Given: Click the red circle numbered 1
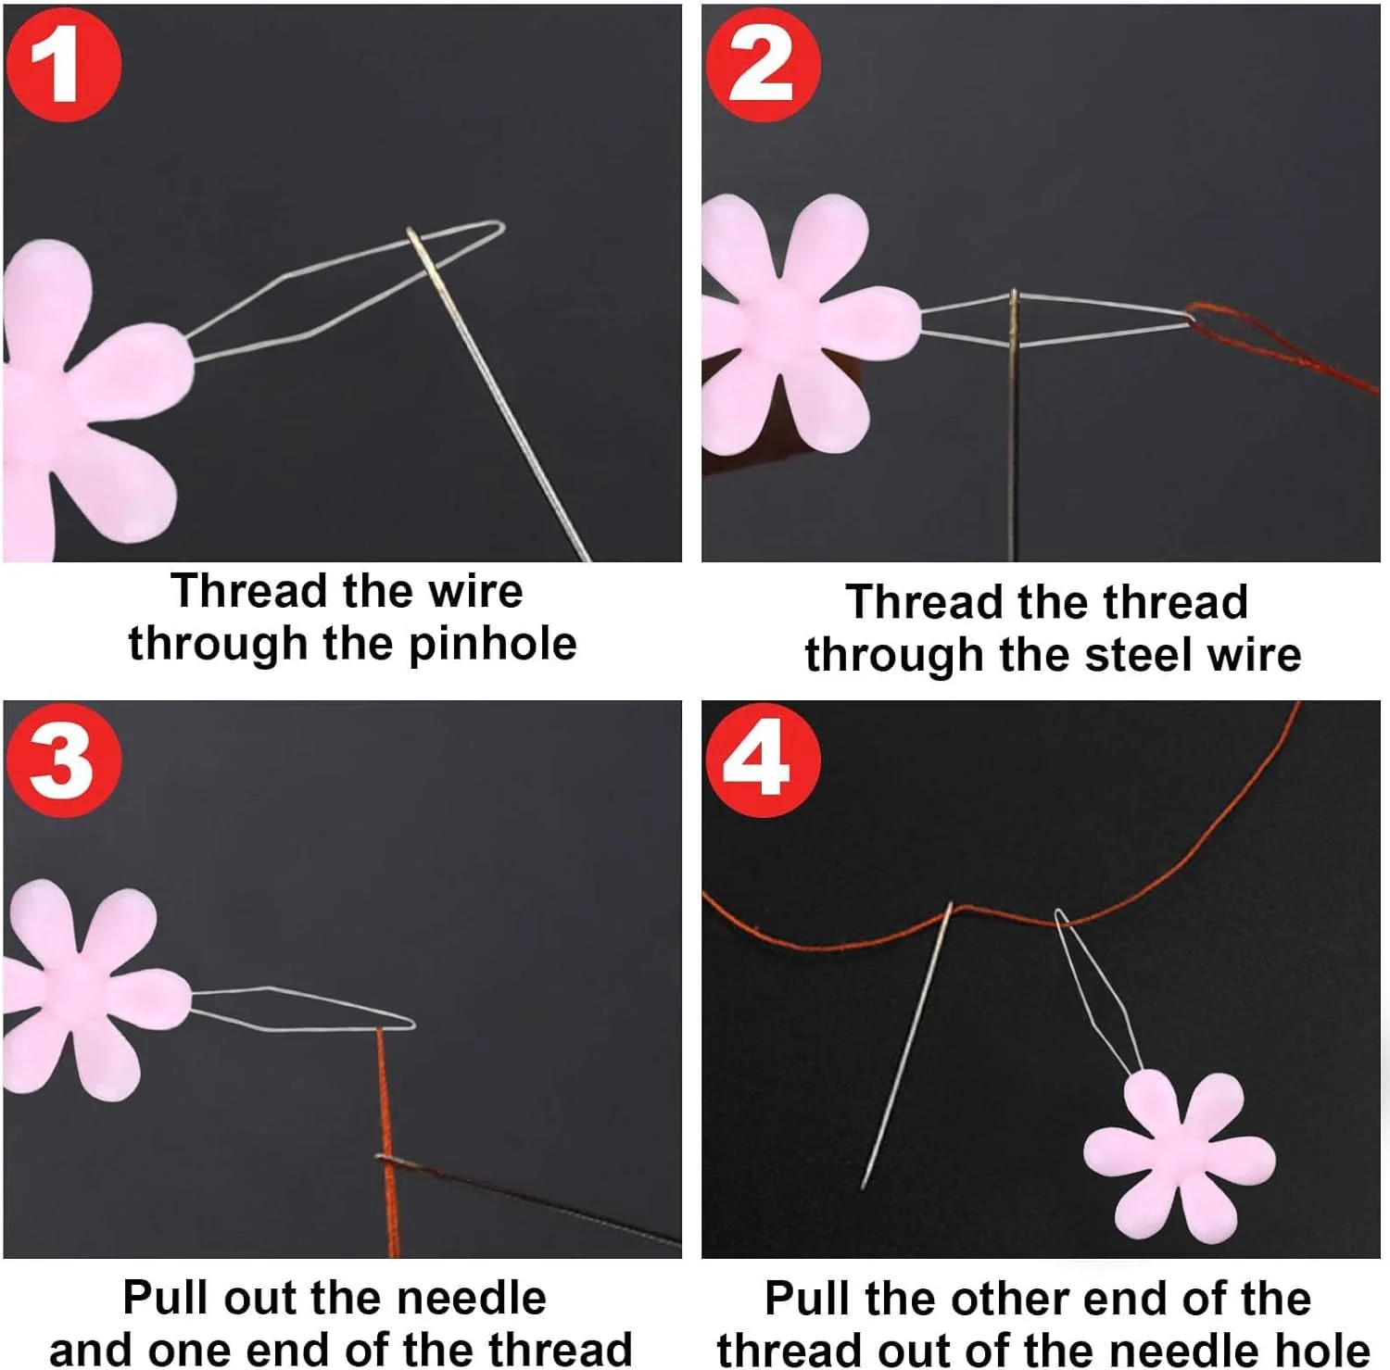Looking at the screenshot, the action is (63, 65).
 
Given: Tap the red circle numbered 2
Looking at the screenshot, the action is (762, 65).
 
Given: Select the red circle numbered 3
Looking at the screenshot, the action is (63, 760).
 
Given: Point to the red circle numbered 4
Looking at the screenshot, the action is (762, 760).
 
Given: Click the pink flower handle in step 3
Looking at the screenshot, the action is (88, 991).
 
